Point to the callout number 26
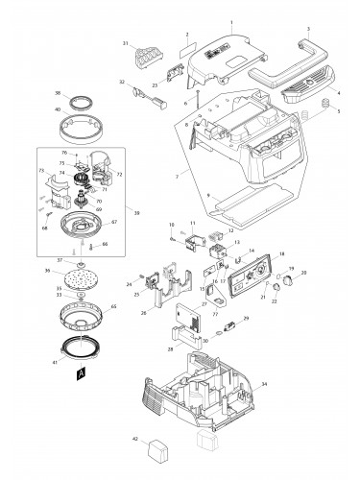point(145,312)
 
